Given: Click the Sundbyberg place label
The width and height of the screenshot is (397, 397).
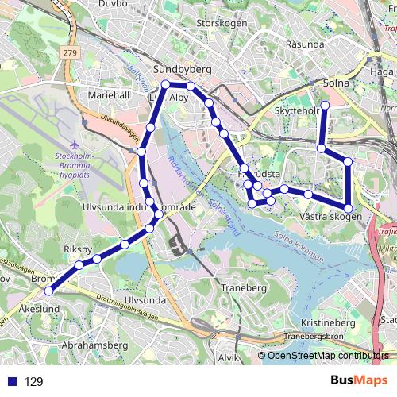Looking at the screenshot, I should click(182, 70).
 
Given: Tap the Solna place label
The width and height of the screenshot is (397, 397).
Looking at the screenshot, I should click(337, 81).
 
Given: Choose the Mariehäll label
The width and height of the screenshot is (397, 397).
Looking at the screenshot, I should click(109, 94).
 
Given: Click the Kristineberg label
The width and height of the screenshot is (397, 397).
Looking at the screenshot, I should click(328, 323).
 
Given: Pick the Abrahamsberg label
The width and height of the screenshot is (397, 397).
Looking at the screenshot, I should click(94, 345).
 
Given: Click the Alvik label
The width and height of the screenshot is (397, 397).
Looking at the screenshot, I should click(228, 358).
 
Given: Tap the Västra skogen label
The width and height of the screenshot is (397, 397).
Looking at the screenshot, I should click(331, 216).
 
